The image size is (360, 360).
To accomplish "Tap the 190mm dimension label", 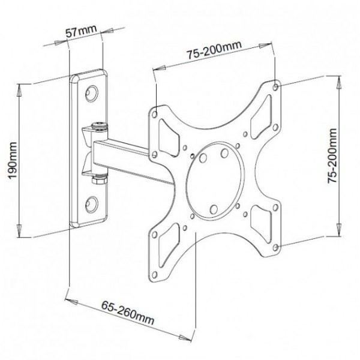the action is [13, 160].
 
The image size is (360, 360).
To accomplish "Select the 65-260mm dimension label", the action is [128, 313].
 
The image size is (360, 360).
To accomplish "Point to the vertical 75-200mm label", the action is [332, 155].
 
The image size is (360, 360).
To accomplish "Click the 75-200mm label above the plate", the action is [214, 50].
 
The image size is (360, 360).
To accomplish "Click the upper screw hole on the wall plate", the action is [92, 94].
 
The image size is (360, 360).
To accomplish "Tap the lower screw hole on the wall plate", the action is [92, 204].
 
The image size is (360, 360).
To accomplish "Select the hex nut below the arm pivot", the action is [99, 179].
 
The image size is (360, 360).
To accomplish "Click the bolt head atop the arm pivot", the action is [99, 126].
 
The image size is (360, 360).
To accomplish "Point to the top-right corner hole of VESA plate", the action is [276, 87].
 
